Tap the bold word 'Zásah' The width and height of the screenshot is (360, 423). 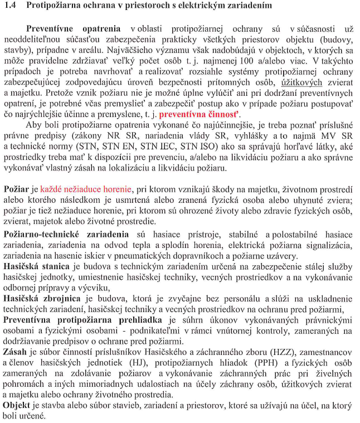tap(14, 352)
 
